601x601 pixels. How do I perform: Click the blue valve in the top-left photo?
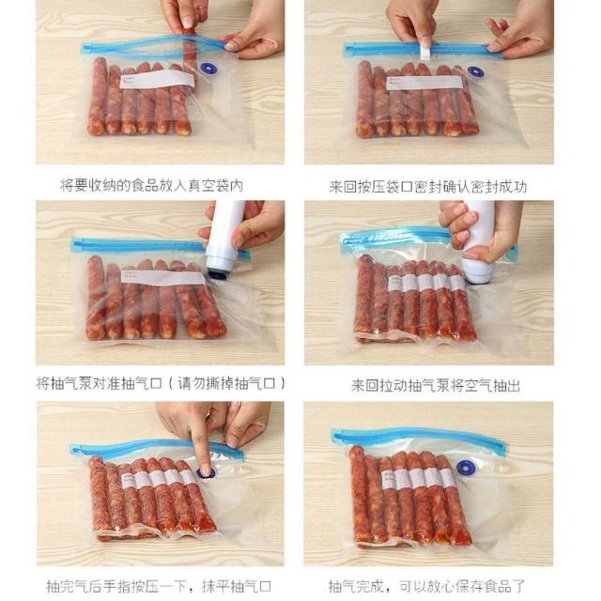tap(208, 69)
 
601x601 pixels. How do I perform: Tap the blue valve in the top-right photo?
tap(475, 71)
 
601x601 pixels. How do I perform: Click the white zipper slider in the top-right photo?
tap(424, 51)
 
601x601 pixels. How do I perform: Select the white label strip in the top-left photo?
tap(157, 79)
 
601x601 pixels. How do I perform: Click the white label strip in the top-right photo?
tap(424, 84)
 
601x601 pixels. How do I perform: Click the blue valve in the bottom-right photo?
tap(466, 469)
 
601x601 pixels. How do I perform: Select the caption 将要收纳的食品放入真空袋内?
tap(152, 186)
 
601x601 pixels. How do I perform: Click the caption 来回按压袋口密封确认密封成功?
tap(428, 187)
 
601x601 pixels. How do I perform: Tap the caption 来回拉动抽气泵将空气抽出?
tap(436, 385)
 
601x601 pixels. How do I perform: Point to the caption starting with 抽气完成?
tap(426, 586)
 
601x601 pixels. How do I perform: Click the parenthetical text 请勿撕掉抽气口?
tap(226, 383)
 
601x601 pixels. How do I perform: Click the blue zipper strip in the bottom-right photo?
tap(418, 437)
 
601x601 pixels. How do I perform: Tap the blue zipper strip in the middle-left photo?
tap(161, 246)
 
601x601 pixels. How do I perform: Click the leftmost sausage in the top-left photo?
tap(98, 96)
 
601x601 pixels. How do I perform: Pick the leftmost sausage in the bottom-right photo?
tap(360, 495)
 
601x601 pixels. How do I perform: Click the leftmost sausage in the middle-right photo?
tap(364, 296)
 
